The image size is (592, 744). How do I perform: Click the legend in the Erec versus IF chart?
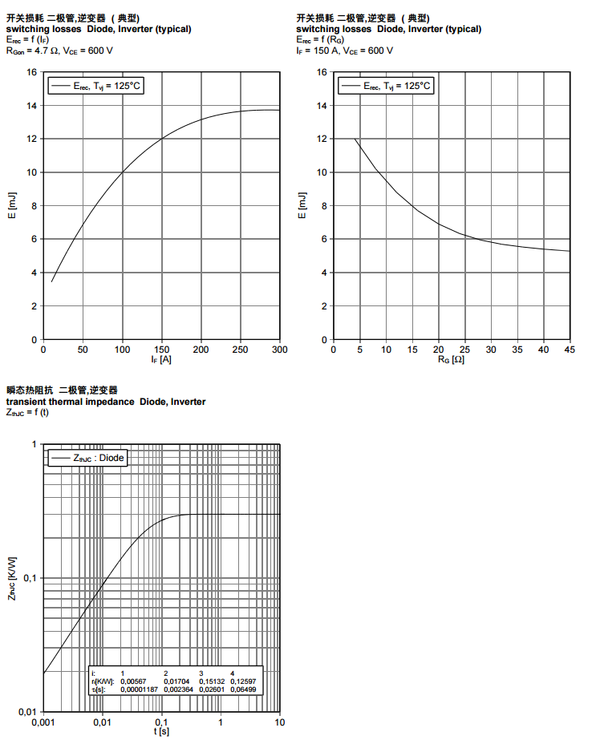[96, 86]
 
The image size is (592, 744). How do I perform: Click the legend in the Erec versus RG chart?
[386, 86]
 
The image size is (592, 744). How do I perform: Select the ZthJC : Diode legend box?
[89, 457]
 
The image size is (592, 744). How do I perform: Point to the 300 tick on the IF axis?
[280, 350]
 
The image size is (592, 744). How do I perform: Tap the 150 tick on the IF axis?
[161, 350]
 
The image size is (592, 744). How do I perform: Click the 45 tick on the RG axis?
[570, 350]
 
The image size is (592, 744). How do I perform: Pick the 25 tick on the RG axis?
[464, 350]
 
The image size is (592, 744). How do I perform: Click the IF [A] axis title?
[161, 360]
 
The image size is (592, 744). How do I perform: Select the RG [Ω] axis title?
[451, 360]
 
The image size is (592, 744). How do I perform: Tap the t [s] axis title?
[161, 732]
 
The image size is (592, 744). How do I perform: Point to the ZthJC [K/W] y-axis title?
[12, 578]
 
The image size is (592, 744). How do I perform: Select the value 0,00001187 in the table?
[139, 689]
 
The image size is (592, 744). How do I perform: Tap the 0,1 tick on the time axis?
[161, 722]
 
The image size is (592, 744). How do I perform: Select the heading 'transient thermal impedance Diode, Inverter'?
[106, 401]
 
